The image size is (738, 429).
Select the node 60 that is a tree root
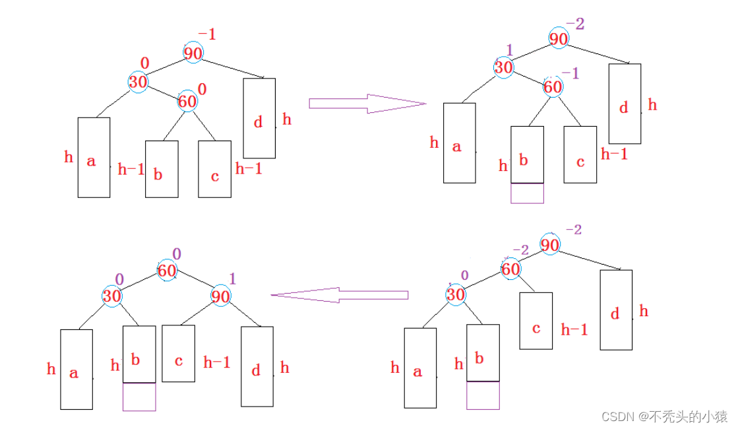pos(167,271)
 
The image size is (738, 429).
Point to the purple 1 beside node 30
pos(509,49)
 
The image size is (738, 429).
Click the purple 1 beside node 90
pos(232,279)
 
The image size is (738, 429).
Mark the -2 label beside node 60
pos(521,249)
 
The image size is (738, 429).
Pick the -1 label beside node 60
pos(570,73)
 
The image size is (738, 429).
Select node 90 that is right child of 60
pos(220,296)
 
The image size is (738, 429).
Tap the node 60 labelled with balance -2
pos(510,269)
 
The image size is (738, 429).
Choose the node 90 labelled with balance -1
pos(193,53)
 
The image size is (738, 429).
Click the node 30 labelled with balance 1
pos(504,67)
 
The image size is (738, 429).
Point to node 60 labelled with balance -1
pos(553,86)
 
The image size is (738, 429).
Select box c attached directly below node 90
pos(536,321)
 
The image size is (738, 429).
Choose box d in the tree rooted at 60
pos(257,366)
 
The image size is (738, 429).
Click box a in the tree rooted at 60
pos(77,370)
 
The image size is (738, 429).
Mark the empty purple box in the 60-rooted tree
pos(139,397)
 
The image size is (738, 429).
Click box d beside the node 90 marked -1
pos(259,119)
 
